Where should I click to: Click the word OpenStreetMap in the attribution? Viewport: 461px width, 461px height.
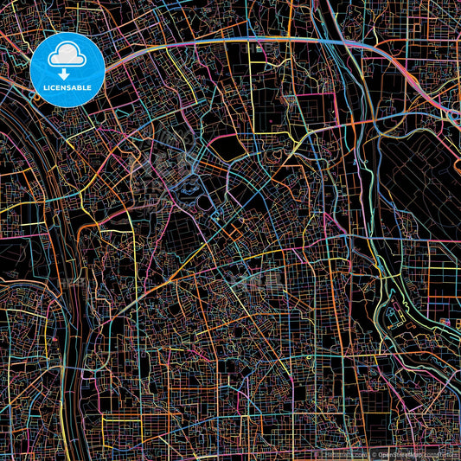point(394,455)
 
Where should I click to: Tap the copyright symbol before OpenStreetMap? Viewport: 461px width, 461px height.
point(368,455)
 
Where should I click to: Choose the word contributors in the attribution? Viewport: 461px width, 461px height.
point(439,455)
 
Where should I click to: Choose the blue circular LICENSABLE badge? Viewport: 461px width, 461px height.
point(67,69)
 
